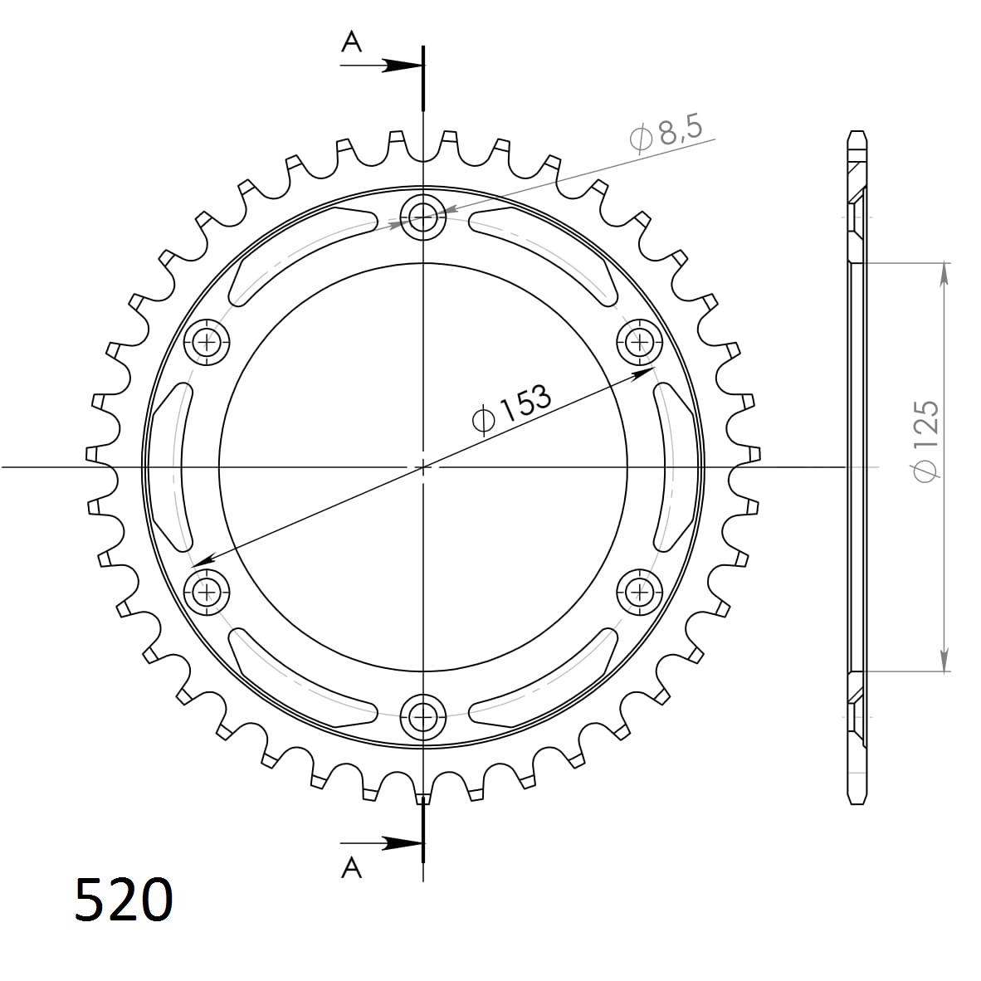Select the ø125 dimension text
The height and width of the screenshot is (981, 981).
point(925,440)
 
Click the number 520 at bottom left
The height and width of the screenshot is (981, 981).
point(124,900)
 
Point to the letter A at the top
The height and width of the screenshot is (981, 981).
point(352,42)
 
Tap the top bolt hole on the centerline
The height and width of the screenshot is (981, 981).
point(423,218)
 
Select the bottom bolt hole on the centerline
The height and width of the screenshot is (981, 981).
point(423,715)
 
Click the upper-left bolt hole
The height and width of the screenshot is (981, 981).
point(207,341)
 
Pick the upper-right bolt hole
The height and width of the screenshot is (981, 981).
point(640,341)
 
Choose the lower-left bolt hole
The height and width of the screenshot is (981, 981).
point(207,592)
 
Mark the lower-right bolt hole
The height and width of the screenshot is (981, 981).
point(640,592)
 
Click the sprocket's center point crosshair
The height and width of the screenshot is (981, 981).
point(423,466)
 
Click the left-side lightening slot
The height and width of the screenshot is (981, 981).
point(168,466)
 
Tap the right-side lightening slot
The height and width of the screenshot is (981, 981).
point(677,466)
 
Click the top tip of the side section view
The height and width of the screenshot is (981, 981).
point(856,132)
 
